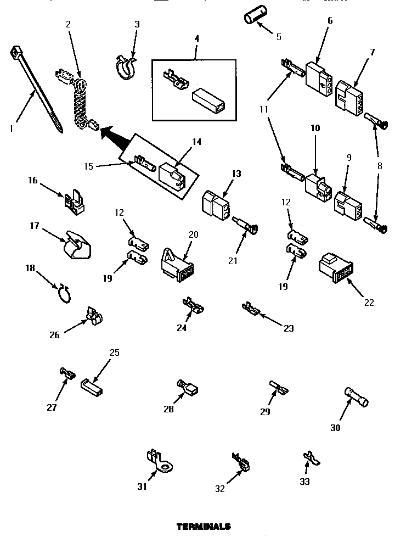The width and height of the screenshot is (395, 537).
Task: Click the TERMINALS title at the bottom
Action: [204, 526]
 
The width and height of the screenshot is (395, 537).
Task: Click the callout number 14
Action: [196, 142]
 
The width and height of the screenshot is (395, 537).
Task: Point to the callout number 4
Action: [196, 40]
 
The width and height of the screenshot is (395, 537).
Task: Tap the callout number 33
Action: [304, 482]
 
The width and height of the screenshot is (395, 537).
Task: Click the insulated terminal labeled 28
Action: [188, 389]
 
